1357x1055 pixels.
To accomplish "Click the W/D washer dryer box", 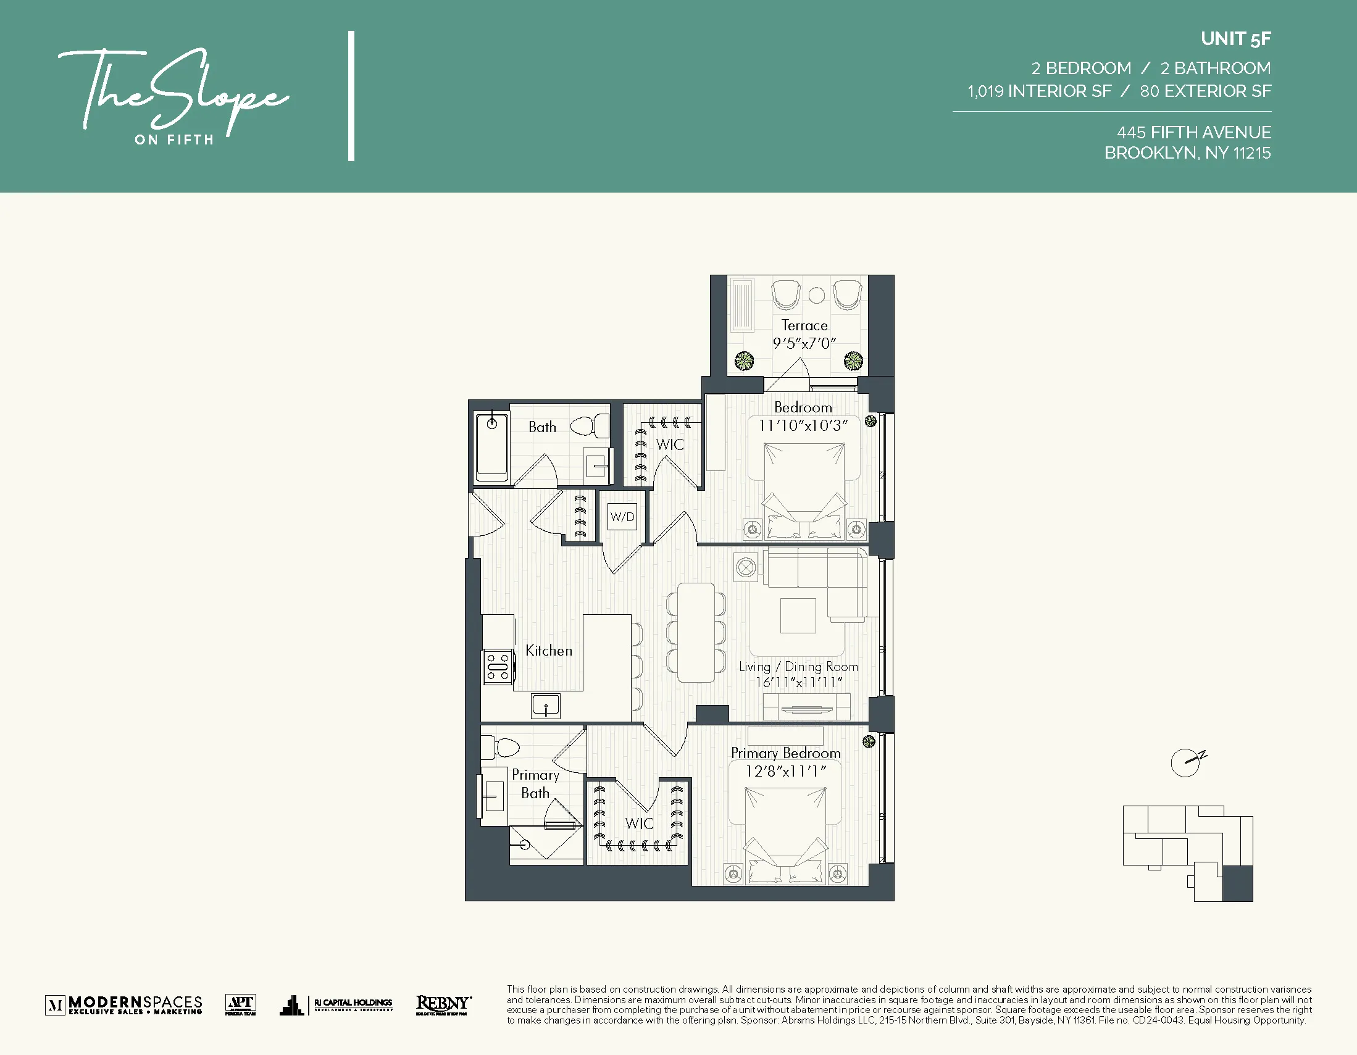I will click(x=622, y=517).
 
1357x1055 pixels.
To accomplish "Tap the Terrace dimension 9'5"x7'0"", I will click(x=804, y=343).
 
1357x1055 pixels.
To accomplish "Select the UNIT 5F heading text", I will click(x=1235, y=39).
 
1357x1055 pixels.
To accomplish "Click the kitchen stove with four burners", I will click(x=498, y=667).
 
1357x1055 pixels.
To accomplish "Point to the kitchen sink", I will click(x=546, y=706).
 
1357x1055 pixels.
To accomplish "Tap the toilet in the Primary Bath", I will click(x=500, y=747).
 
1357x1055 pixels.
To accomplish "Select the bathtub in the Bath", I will click(x=491, y=448).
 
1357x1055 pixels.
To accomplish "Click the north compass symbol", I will click(x=1187, y=762).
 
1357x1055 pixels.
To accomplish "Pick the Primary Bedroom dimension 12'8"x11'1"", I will click(x=785, y=771).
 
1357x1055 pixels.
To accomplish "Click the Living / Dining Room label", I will click(x=798, y=667).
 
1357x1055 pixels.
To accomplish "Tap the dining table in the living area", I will click(x=696, y=632).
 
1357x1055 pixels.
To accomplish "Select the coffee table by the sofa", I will click(x=798, y=615).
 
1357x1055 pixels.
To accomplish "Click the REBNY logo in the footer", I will click(x=443, y=1004).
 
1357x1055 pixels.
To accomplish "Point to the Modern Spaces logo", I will click(x=123, y=1004).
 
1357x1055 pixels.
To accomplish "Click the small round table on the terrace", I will click(x=816, y=296).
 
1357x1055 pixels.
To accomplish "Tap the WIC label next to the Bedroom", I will click(x=670, y=444).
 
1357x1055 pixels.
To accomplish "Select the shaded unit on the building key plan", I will click(x=1237, y=883).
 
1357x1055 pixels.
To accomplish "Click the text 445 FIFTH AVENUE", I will click(x=1193, y=132).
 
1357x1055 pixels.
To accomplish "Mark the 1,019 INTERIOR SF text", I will click(x=1039, y=91).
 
